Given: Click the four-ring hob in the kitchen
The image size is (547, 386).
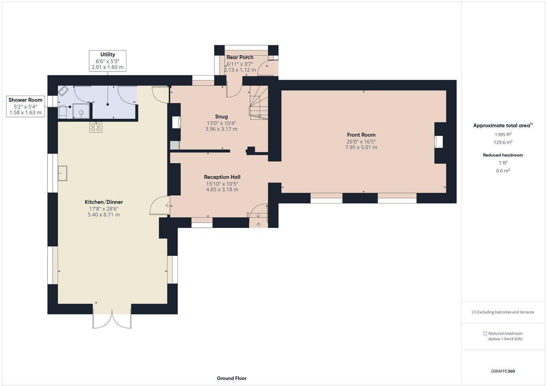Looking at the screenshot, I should (x=96, y=127).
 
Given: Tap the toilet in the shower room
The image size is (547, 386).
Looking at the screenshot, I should (x=63, y=112).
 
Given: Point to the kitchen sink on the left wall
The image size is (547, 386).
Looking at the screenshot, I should (x=62, y=173).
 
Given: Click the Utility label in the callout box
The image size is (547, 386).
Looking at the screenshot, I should (x=107, y=54).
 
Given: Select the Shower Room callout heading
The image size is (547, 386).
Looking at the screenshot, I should (x=26, y=100).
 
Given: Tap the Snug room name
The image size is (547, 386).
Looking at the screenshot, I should (x=221, y=116).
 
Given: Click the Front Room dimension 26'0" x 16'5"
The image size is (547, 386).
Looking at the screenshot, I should (x=361, y=142).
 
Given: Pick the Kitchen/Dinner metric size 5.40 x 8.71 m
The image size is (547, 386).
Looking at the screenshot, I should (x=103, y=214).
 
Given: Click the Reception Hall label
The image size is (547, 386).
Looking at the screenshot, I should (x=222, y=177).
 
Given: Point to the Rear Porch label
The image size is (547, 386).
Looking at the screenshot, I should (x=240, y=57).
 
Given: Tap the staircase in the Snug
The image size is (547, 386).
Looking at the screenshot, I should (x=258, y=103).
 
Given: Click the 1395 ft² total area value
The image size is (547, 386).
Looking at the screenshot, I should (x=503, y=134).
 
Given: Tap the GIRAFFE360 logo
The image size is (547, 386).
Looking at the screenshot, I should (x=503, y=371).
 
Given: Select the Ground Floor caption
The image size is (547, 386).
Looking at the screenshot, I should (x=231, y=378).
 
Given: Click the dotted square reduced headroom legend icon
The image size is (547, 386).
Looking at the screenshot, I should (x=485, y=333).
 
